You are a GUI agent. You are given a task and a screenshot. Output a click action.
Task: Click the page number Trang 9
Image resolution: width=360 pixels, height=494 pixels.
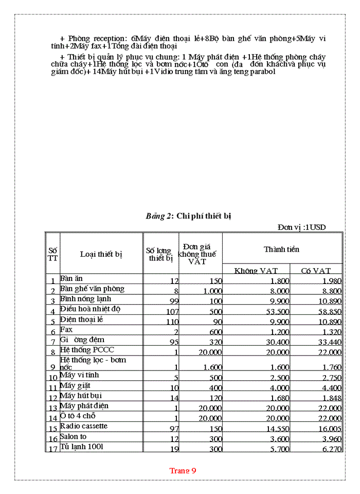click(183, 470)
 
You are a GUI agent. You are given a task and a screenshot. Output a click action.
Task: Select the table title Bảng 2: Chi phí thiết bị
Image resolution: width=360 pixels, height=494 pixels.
click(188, 216)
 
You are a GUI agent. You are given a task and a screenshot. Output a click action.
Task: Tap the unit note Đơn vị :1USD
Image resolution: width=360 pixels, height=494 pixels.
click(302, 227)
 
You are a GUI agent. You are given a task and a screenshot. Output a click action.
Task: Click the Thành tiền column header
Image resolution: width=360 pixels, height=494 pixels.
click(281, 249)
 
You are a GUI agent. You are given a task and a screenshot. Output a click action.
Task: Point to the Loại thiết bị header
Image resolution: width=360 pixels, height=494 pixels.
click(101, 254)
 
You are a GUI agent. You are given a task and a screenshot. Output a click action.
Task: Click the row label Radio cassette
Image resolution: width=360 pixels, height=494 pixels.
click(84, 426)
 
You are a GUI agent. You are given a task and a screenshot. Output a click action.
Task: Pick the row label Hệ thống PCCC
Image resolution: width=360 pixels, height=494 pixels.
click(87, 350)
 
